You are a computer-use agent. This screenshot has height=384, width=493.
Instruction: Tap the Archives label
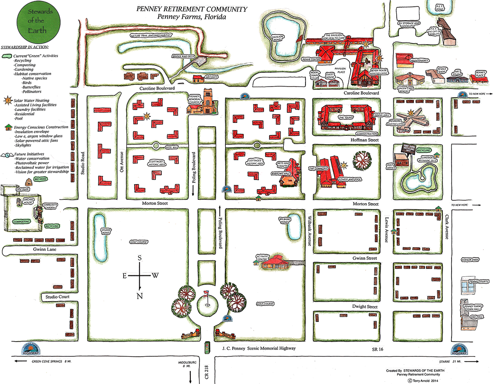click(212, 77)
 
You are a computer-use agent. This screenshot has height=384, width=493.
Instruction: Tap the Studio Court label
click(57, 297)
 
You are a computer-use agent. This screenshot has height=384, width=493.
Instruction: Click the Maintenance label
click(420, 60)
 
